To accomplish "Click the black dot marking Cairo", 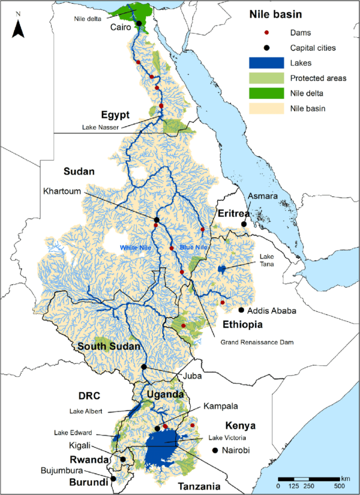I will tap(139, 23).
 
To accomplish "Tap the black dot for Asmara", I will tap(244, 224).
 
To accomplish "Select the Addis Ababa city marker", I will tap(241, 310).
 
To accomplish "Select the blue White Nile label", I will tap(133, 248).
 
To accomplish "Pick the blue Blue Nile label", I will tap(194, 247).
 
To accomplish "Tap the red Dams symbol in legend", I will tap(265, 33).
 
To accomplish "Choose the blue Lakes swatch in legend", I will tap(265, 63).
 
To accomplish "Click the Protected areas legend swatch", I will tap(265, 78).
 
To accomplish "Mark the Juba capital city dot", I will tap(144, 367).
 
